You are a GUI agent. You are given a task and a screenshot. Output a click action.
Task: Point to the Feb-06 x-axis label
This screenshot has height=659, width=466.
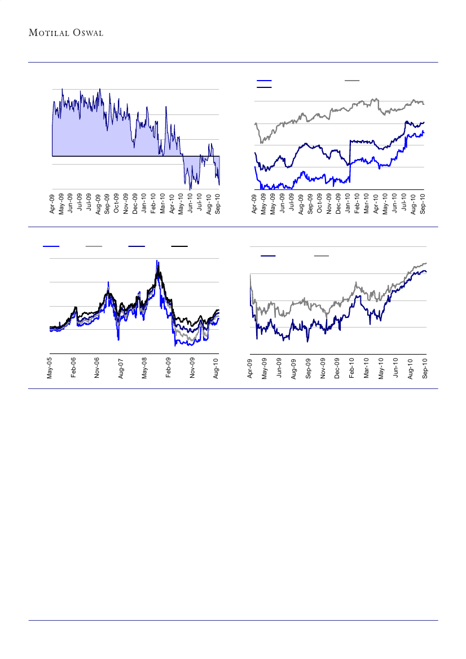click(x=73, y=367)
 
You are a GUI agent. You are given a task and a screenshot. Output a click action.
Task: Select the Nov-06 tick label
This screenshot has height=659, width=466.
click(x=97, y=367)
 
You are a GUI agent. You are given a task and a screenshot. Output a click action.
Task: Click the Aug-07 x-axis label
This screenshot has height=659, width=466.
click(x=121, y=367)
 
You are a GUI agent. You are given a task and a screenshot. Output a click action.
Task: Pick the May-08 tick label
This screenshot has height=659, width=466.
click(x=145, y=367)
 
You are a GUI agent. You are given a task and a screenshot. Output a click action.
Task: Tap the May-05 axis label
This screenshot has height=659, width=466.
click(x=50, y=367)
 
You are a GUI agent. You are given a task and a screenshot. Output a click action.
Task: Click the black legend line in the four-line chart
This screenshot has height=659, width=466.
click(x=179, y=246)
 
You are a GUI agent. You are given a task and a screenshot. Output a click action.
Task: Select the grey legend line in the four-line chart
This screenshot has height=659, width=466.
click(x=94, y=246)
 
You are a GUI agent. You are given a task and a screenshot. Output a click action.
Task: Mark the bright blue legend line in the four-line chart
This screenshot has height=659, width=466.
click(x=51, y=246)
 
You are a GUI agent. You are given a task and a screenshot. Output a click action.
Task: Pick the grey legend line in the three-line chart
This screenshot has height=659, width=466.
click(x=353, y=81)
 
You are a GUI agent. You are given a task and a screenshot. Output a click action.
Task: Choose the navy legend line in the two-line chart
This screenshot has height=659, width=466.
click(x=268, y=256)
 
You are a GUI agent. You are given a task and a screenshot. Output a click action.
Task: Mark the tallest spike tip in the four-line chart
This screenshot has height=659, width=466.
click(x=157, y=260)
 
